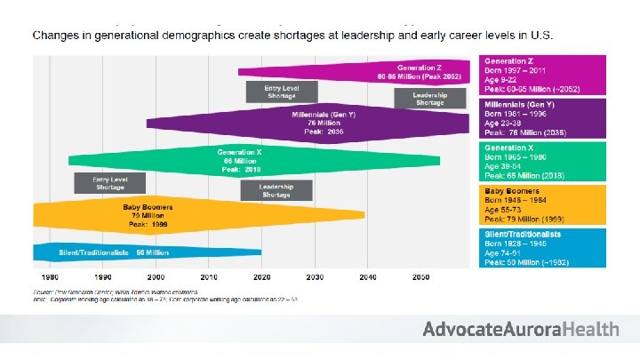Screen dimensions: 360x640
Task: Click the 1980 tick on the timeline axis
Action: (x=50, y=277)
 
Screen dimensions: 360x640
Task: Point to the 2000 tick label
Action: (x=156, y=277)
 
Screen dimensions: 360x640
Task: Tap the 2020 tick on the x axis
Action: (x=261, y=277)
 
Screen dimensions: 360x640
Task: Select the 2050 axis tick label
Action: (x=420, y=277)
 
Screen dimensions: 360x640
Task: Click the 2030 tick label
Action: (x=314, y=277)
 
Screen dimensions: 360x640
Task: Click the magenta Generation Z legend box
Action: (x=542, y=74)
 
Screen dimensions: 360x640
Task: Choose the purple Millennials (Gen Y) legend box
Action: (x=542, y=117)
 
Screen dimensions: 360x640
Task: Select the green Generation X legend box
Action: (x=542, y=161)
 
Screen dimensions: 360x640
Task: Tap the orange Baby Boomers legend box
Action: (x=542, y=204)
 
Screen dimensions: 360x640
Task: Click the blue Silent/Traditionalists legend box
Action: (x=542, y=247)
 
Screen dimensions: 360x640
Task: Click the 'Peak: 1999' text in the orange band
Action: (x=147, y=225)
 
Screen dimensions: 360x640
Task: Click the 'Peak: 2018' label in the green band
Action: (x=240, y=168)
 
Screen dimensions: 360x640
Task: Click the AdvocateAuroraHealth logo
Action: (x=520, y=329)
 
